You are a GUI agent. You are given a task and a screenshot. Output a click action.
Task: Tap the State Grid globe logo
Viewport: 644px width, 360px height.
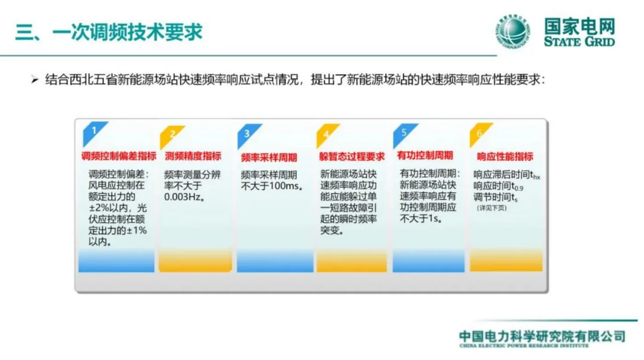click(512, 32)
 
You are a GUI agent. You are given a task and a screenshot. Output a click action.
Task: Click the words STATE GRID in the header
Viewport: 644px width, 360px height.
click(579, 41)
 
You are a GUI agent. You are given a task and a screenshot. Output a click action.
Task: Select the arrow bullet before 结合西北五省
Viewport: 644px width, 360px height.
click(34, 80)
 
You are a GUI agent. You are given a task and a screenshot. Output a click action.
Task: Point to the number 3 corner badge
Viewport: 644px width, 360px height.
click(247, 133)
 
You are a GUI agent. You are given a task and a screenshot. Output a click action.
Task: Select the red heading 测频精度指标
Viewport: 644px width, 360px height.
click(193, 156)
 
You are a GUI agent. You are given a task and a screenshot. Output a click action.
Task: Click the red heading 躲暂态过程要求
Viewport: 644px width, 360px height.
click(351, 156)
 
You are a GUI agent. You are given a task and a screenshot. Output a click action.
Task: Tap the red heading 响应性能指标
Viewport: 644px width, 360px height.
click(505, 156)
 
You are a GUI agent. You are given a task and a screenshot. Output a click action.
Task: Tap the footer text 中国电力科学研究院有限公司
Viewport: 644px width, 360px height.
click(541, 336)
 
